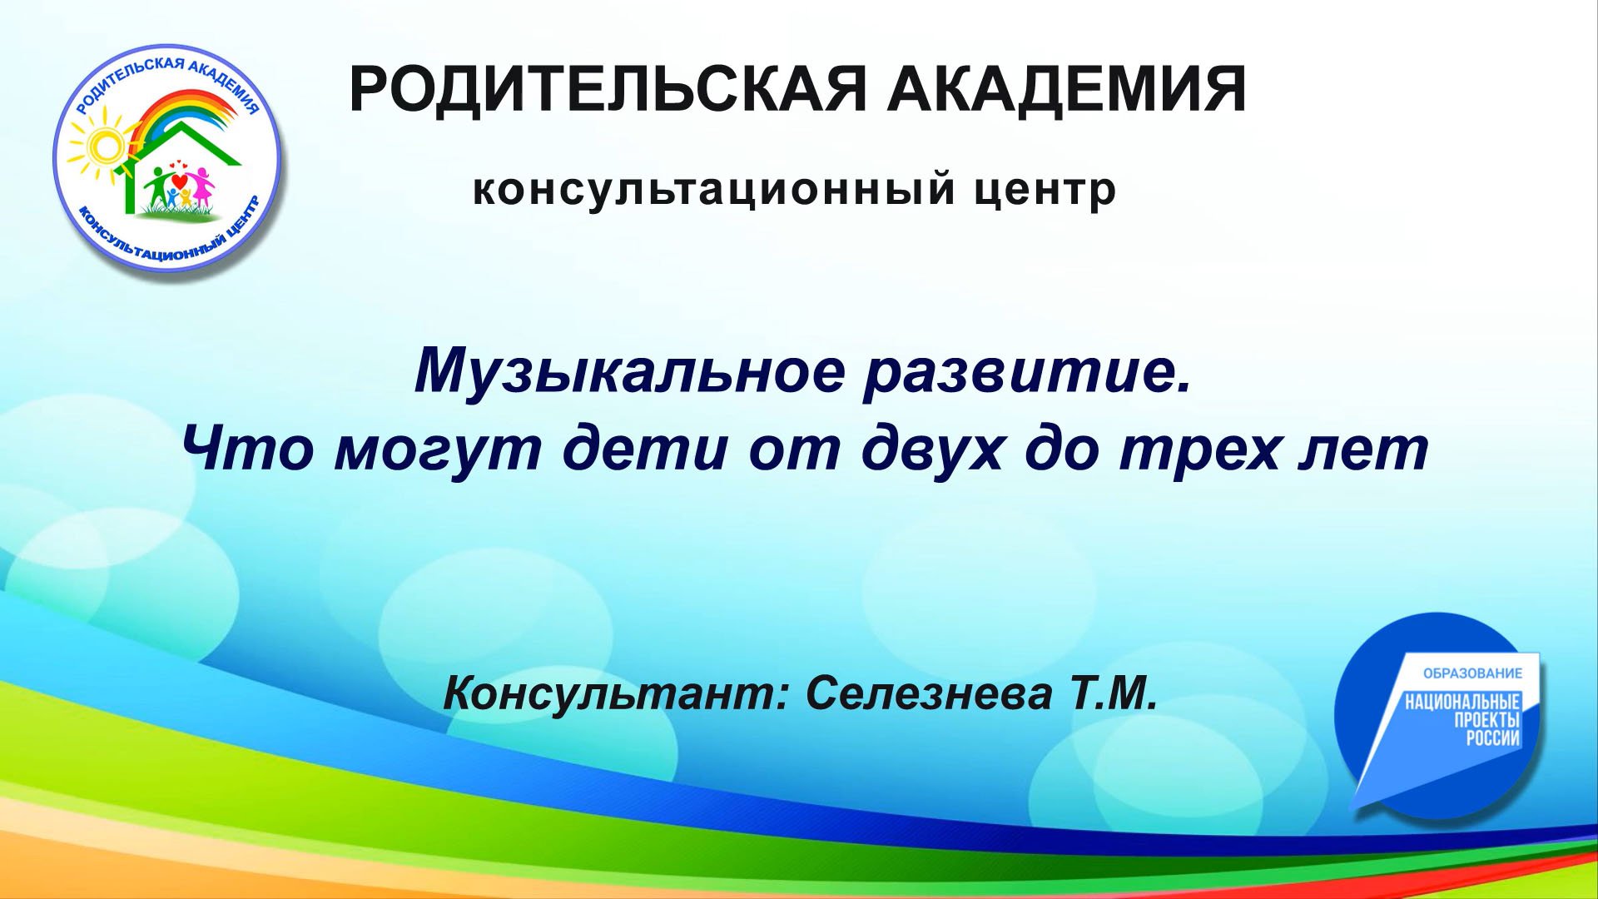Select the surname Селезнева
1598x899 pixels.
928,693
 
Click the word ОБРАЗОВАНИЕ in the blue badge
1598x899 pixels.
1472,673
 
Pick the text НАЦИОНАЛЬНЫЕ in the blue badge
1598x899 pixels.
1462,703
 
